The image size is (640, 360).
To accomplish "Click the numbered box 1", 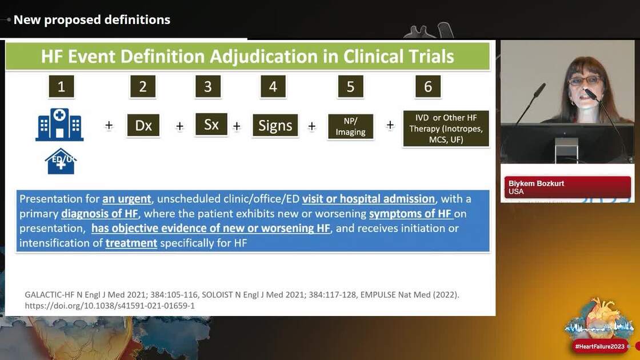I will click(61, 87).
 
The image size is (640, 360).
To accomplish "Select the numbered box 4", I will click(273, 87).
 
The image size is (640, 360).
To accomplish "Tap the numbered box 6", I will click(428, 87).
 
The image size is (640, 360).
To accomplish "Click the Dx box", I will click(143, 125).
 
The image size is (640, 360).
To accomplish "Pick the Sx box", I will click(211, 125).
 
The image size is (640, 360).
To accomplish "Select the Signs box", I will click(275, 125).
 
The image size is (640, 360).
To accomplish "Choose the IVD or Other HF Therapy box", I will click(446, 129).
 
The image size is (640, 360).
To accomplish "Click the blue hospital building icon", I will click(59, 125).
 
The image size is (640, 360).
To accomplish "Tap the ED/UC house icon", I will click(61, 162).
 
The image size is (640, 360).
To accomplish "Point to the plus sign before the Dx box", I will click(109, 126).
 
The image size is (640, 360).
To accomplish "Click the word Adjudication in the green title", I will click(278, 57).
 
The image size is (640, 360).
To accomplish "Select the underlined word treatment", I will click(131, 243).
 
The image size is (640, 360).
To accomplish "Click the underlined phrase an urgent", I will click(127, 199).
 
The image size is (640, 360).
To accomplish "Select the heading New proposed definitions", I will click(92, 20).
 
